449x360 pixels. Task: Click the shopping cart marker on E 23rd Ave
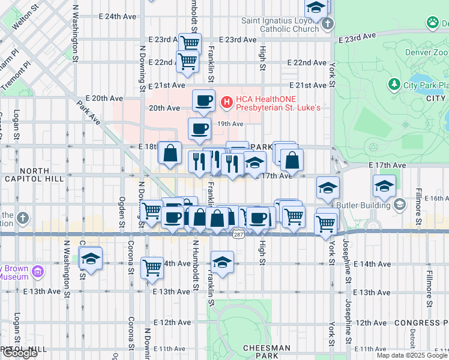[190, 43]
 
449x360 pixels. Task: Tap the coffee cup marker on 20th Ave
[203, 101]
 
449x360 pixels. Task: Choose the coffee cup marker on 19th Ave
[199, 128]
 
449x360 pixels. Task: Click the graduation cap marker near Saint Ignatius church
[316, 8]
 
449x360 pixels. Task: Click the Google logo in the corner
[20, 353]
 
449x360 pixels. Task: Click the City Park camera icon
[394, 85]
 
